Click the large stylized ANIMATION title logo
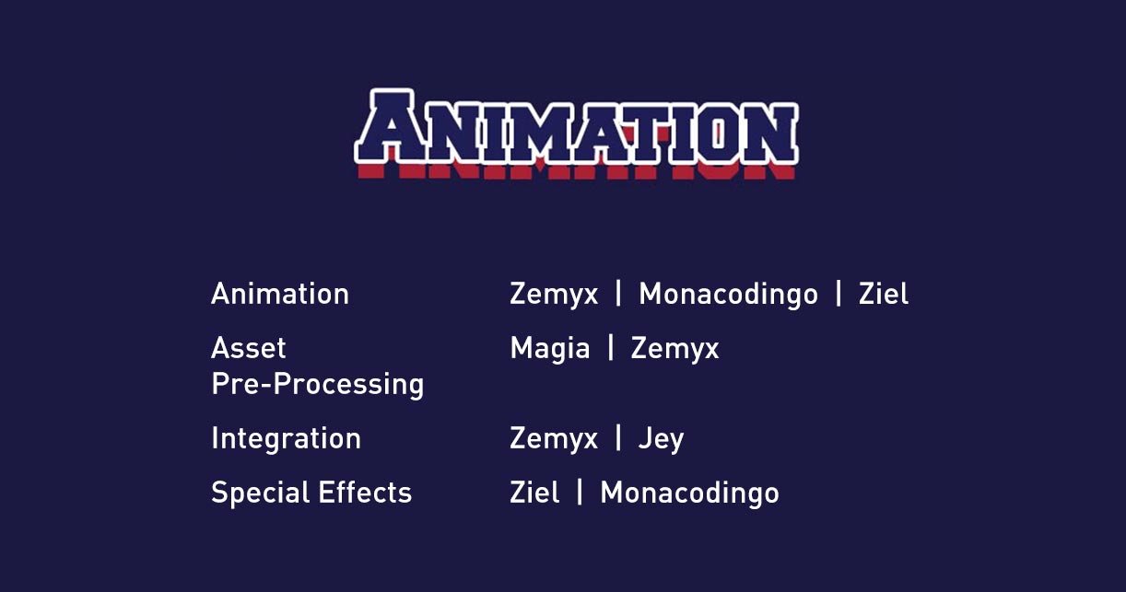pyautogui.click(x=576, y=134)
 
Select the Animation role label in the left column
pyautogui.click(x=280, y=294)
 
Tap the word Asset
pyautogui.click(x=248, y=348)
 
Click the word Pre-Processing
pyautogui.click(x=318, y=385)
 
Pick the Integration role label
pyautogui.click(x=286, y=438)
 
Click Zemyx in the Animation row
pyautogui.click(x=554, y=295)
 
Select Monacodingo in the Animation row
pyautogui.click(x=728, y=295)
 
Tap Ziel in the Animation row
pyautogui.click(x=884, y=294)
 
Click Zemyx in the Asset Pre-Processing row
pyautogui.click(x=674, y=349)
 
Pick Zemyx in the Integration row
pyautogui.click(x=554, y=439)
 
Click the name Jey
pyautogui.click(x=661, y=439)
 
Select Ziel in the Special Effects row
pyautogui.click(x=534, y=493)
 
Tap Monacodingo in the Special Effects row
pyautogui.click(x=689, y=493)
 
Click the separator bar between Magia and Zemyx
pyautogui.click(x=611, y=347)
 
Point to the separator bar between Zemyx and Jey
pyautogui.click(x=618, y=438)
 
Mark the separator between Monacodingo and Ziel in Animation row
pyautogui.click(x=838, y=294)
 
